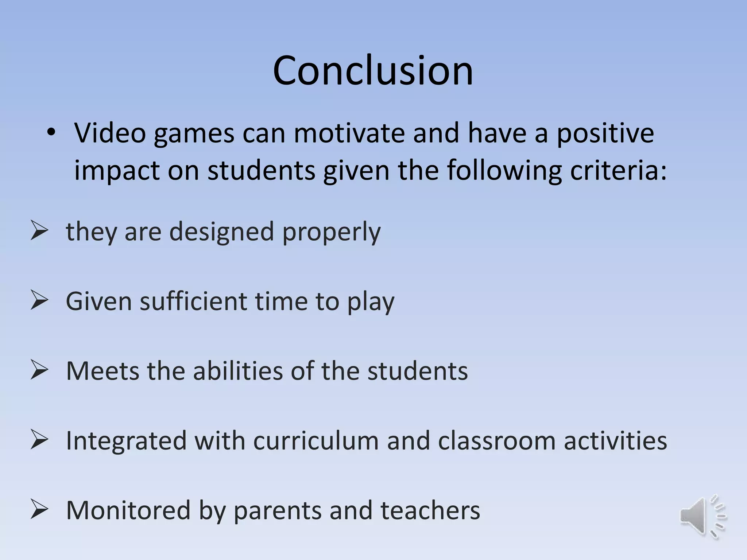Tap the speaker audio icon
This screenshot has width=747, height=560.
click(x=703, y=516)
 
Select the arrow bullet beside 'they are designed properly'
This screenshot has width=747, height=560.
click(x=39, y=231)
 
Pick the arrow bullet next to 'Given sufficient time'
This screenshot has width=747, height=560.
click(x=39, y=300)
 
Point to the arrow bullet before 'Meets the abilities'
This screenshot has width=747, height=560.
click(x=39, y=370)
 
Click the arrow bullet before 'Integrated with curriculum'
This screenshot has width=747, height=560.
click(x=39, y=440)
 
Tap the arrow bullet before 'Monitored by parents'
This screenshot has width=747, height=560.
click(x=39, y=509)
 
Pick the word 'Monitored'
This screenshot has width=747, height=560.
click(x=128, y=510)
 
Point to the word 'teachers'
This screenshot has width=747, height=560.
click(x=430, y=510)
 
